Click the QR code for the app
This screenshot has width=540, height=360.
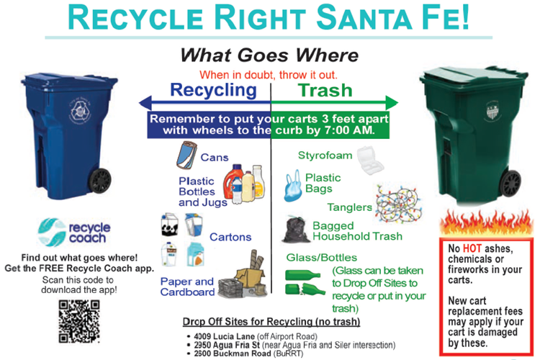click(x=79, y=321)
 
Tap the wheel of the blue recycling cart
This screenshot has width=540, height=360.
click(x=100, y=180)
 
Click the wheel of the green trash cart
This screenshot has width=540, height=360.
click(x=510, y=183)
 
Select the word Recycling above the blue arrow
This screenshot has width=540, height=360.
click(x=214, y=91)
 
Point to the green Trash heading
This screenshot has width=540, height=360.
click(x=325, y=90)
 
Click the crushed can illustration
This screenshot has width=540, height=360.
click(x=186, y=155)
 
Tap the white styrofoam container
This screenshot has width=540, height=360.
click(x=370, y=160)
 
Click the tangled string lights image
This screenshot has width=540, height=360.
click(x=398, y=204)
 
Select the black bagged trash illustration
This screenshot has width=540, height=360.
click(x=295, y=229)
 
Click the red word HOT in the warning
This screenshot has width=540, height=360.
click(x=472, y=248)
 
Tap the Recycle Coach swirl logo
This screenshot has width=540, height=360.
click(x=52, y=232)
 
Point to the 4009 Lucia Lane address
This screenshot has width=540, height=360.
click(x=224, y=336)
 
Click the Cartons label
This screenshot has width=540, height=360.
click(x=230, y=237)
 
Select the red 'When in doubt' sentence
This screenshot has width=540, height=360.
click(x=269, y=75)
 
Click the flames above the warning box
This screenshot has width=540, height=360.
click(x=486, y=223)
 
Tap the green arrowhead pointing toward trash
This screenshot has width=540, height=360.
click(x=392, y=103)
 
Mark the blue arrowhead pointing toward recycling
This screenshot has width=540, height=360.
click(x=145, y=103)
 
